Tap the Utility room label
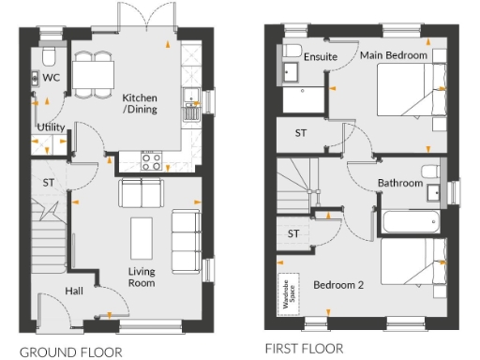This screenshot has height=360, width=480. [x=51, y=127]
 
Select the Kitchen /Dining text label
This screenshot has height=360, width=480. [x=140, y=104]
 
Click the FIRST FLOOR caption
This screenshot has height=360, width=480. [x=304, y=348]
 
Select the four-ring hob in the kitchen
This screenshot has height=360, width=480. [x=152, y=161]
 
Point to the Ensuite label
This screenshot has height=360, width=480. [x=321, y=56]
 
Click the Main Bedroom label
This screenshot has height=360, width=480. [x=394, y=56]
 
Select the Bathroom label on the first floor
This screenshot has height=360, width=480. [x=399, y=183]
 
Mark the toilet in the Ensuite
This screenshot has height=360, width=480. [x=292, y=52]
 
